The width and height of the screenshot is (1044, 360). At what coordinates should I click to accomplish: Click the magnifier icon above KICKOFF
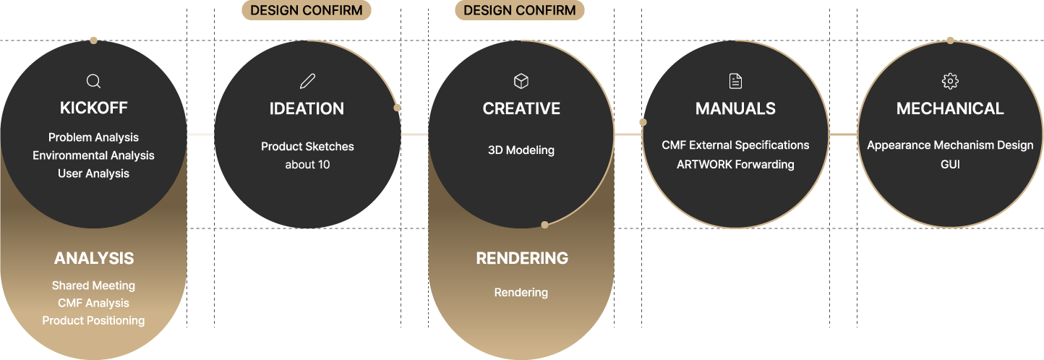93,81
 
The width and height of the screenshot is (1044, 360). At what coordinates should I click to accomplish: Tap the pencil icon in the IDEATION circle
307,81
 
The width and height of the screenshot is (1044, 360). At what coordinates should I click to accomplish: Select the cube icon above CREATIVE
521,81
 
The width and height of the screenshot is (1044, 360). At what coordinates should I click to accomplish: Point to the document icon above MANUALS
735,81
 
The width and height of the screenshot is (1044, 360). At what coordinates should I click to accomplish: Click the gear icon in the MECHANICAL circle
950,81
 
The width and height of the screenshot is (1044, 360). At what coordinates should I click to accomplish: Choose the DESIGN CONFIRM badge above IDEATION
307,10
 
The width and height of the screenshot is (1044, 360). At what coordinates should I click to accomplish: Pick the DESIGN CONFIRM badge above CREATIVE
520,10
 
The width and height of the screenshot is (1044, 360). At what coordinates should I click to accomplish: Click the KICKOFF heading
93,108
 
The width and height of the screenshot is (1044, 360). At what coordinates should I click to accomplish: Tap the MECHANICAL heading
950,108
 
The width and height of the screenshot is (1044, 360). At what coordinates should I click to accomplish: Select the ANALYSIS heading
94,258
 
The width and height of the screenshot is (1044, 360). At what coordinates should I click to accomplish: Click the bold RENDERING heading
522,258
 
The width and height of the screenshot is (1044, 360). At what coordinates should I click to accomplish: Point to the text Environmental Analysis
93,155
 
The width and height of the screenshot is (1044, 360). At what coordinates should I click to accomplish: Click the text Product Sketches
307,146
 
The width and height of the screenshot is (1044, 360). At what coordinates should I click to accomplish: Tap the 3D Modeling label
521,150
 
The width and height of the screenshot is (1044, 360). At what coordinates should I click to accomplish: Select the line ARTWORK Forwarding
735,164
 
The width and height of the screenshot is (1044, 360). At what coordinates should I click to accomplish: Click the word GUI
950,164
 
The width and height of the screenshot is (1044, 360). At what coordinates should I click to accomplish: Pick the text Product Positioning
93,320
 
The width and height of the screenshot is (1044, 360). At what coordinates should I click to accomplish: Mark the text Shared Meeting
93,286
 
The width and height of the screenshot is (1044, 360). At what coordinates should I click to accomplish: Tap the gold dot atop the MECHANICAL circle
950,40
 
